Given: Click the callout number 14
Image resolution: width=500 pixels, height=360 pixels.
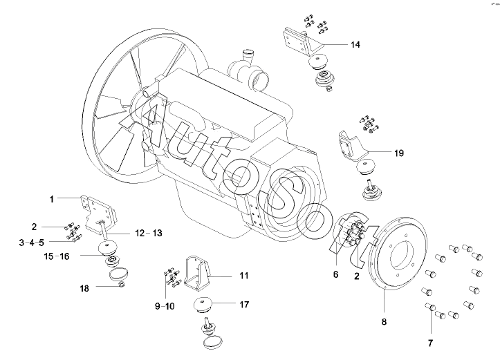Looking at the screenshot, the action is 355,45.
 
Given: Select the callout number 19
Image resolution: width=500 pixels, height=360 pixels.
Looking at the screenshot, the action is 399,153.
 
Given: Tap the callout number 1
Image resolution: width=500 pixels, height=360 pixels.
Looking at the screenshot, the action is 52,200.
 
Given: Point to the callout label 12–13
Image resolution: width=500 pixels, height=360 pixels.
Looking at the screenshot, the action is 149,233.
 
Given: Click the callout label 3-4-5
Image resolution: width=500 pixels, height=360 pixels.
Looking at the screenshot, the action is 32,243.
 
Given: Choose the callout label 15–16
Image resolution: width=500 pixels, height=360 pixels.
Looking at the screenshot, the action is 57,256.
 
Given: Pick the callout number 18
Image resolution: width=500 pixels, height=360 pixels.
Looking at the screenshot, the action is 84,288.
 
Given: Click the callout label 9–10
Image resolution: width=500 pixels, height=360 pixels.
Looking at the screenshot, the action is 165,306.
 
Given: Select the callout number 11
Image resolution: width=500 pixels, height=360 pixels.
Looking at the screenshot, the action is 244,276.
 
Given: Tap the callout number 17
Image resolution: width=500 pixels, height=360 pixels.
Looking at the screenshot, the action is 244,305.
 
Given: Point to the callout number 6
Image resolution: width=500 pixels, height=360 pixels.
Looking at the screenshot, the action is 335,274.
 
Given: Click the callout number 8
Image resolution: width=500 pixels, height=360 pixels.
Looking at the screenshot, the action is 384,322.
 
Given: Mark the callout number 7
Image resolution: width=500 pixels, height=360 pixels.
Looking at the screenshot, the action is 430,343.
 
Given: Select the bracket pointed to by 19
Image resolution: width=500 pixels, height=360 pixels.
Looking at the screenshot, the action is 350,146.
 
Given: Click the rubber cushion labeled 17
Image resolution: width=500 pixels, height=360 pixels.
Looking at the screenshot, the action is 203,305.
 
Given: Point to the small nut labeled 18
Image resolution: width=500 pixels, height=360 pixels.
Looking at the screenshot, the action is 121,284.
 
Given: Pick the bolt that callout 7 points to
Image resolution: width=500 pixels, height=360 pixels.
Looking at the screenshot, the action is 429,307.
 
